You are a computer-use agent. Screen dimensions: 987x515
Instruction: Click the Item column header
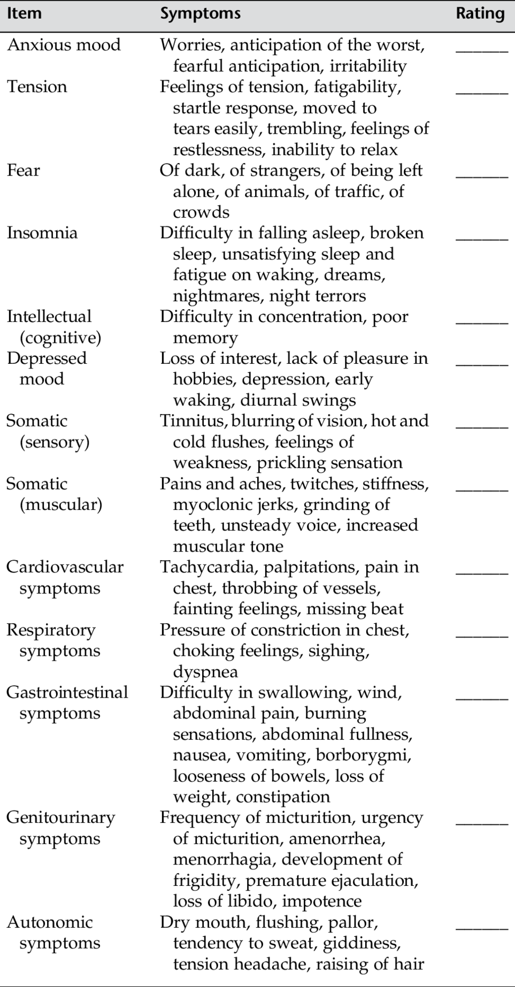[24, 13]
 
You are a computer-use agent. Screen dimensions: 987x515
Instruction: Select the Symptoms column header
[200, 13]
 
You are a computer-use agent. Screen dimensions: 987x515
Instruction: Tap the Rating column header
[480, 13]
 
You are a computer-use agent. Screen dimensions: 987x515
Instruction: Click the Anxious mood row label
[64, 45]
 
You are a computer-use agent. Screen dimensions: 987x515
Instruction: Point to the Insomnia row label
[42, 233]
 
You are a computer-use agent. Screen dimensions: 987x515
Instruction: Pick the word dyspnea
[205, 672]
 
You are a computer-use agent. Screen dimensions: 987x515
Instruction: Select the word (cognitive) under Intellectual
[60, 338]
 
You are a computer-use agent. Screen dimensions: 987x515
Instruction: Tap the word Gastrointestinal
[67, 693]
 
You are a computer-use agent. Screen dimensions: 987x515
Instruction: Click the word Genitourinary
[60, 818]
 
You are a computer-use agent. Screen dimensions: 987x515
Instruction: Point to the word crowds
[201, 212]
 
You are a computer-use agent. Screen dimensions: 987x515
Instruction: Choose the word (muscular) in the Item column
[60, 505]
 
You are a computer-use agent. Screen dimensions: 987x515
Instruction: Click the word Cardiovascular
[65, 568]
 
